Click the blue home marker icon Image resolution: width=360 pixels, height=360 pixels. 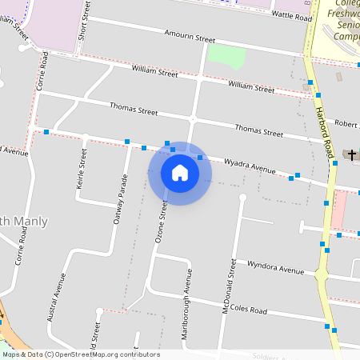[180, 173]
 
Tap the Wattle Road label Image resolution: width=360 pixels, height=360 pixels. [291, 15]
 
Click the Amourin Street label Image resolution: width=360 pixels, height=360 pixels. [190, 38]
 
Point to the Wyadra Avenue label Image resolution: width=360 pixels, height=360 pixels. [249, 165]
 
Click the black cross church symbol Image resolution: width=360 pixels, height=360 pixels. [352, 153]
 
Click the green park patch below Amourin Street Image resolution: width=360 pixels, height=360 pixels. [226, 57]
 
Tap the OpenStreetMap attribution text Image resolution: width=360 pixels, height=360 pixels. [80, 354]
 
